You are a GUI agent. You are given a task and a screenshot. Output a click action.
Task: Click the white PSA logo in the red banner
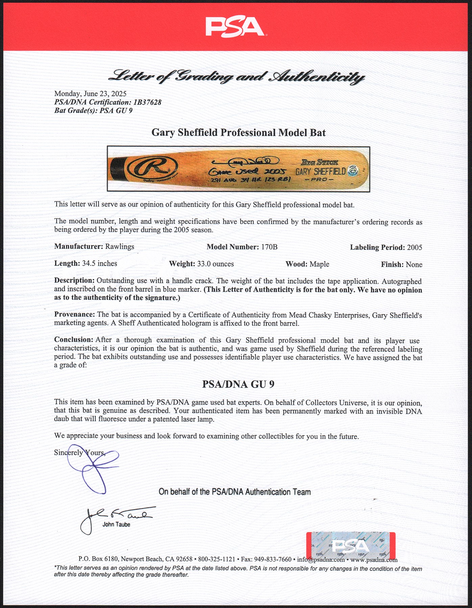click(x=235, y=27)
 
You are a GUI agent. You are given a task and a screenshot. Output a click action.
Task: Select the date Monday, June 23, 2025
click(x=90, y=94)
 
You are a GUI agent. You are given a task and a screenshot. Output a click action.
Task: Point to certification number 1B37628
click(x=147, y=102)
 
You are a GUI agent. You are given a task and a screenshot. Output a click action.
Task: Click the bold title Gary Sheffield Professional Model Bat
click(x=238, y=132)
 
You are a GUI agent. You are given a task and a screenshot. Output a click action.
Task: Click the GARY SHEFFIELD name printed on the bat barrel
click(x=321, y=171)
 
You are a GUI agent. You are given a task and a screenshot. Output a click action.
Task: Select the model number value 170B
click(x=269, y=247)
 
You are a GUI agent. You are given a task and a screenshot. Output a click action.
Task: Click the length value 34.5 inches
click(x=100, y=263)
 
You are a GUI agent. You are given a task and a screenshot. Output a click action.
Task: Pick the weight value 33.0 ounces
click(x=215, y=264)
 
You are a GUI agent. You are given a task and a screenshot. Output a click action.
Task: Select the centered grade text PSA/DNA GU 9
click(x=238, y=384)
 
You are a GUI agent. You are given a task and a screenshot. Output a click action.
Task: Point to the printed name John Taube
click(x=116, y=525)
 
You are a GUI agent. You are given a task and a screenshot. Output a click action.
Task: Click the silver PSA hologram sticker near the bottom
click(x=351, y=546)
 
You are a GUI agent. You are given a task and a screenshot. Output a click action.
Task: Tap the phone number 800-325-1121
click(x=217, y=559)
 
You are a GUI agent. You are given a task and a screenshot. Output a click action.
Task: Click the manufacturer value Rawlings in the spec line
click(x=119, y=247)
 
